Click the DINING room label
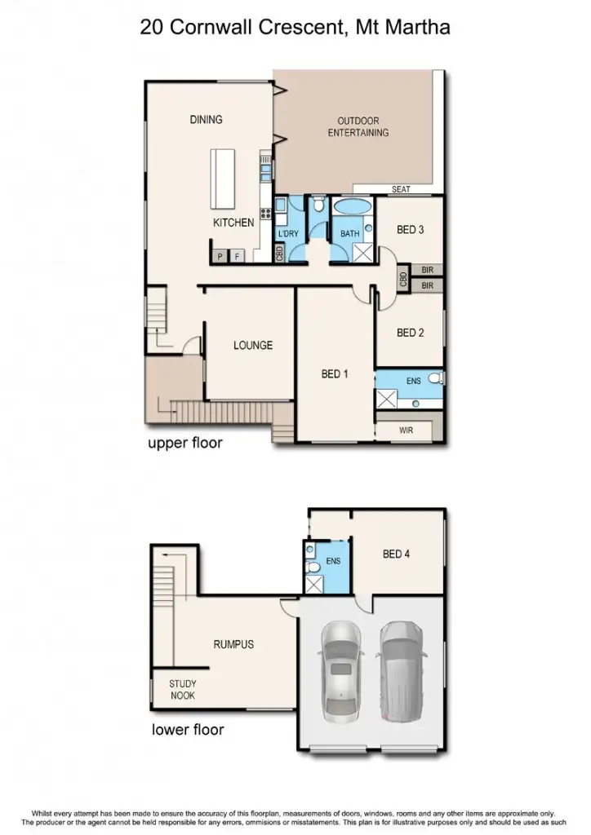click(x=206, y=120)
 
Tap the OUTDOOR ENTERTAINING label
click(x=358, y=127)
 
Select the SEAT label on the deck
click(x=400, y=189)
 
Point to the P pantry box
click(x=220, y=257)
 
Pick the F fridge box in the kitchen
click(x=238, y=257)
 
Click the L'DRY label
click(x=290, y=234)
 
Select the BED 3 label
click(x=410, y=230)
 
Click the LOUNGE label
click(x=252, y=345)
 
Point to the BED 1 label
click(x=335, y=374)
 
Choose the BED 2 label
click(x=410, y=333)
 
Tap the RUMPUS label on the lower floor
click(x=233, y=644)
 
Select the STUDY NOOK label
click(x=183, y=690)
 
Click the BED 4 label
click(x=396, y=554)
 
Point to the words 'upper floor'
click(x=184, y=444)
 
